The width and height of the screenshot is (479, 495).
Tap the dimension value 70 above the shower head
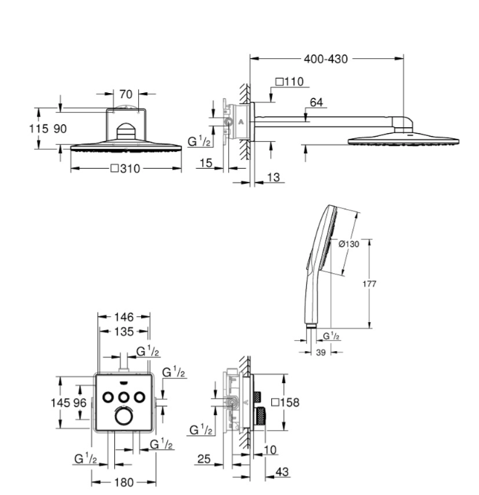[126, 93]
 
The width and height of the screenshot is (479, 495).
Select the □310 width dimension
[125, 169]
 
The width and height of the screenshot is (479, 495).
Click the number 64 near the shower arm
[315, 103]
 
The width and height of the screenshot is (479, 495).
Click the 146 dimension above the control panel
[124, 316]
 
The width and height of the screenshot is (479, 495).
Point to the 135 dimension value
[124, 331]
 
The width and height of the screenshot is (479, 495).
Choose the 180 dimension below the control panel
[124, 481]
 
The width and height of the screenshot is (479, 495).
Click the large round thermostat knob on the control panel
[124, 416]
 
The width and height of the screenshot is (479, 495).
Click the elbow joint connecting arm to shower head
[404, 121]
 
